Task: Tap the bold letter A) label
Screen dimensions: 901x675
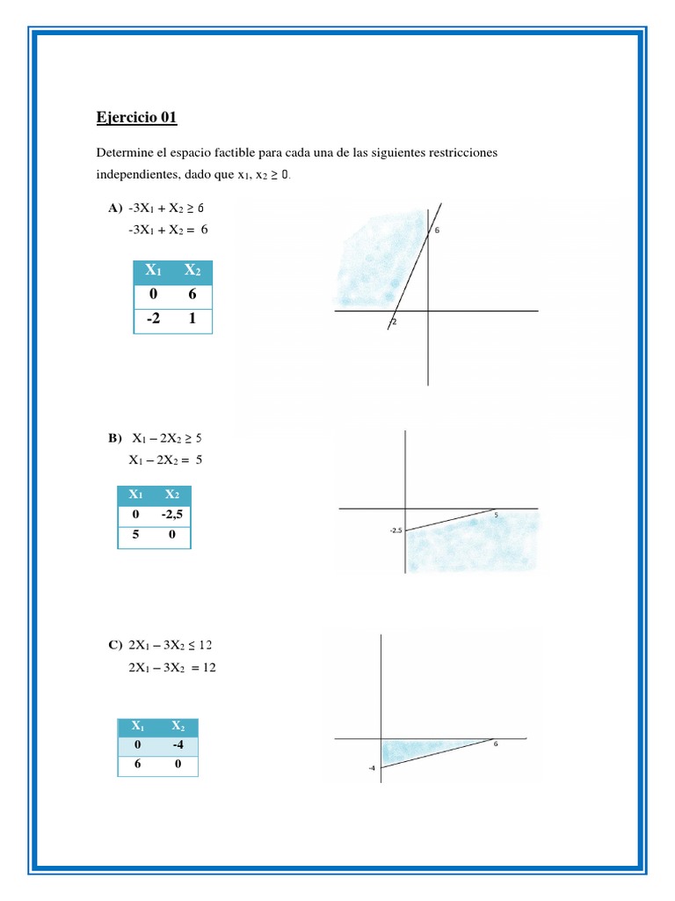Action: click(114, 209)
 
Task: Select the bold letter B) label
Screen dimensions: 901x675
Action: click(114, 437)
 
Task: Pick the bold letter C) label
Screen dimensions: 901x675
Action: click(114, 645)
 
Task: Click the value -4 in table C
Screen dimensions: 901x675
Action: click(178, 744)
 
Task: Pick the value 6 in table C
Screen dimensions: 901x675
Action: click(137, 765)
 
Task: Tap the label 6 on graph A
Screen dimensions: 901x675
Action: click(437, 231)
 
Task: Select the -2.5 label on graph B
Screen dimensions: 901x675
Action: click(396, 531)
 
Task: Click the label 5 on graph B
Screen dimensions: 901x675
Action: click(496, 515)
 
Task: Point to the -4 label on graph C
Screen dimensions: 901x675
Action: click(373, 767)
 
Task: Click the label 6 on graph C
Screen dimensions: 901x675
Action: click(496, 744)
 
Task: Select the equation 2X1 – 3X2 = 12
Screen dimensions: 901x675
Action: click(171, 668)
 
